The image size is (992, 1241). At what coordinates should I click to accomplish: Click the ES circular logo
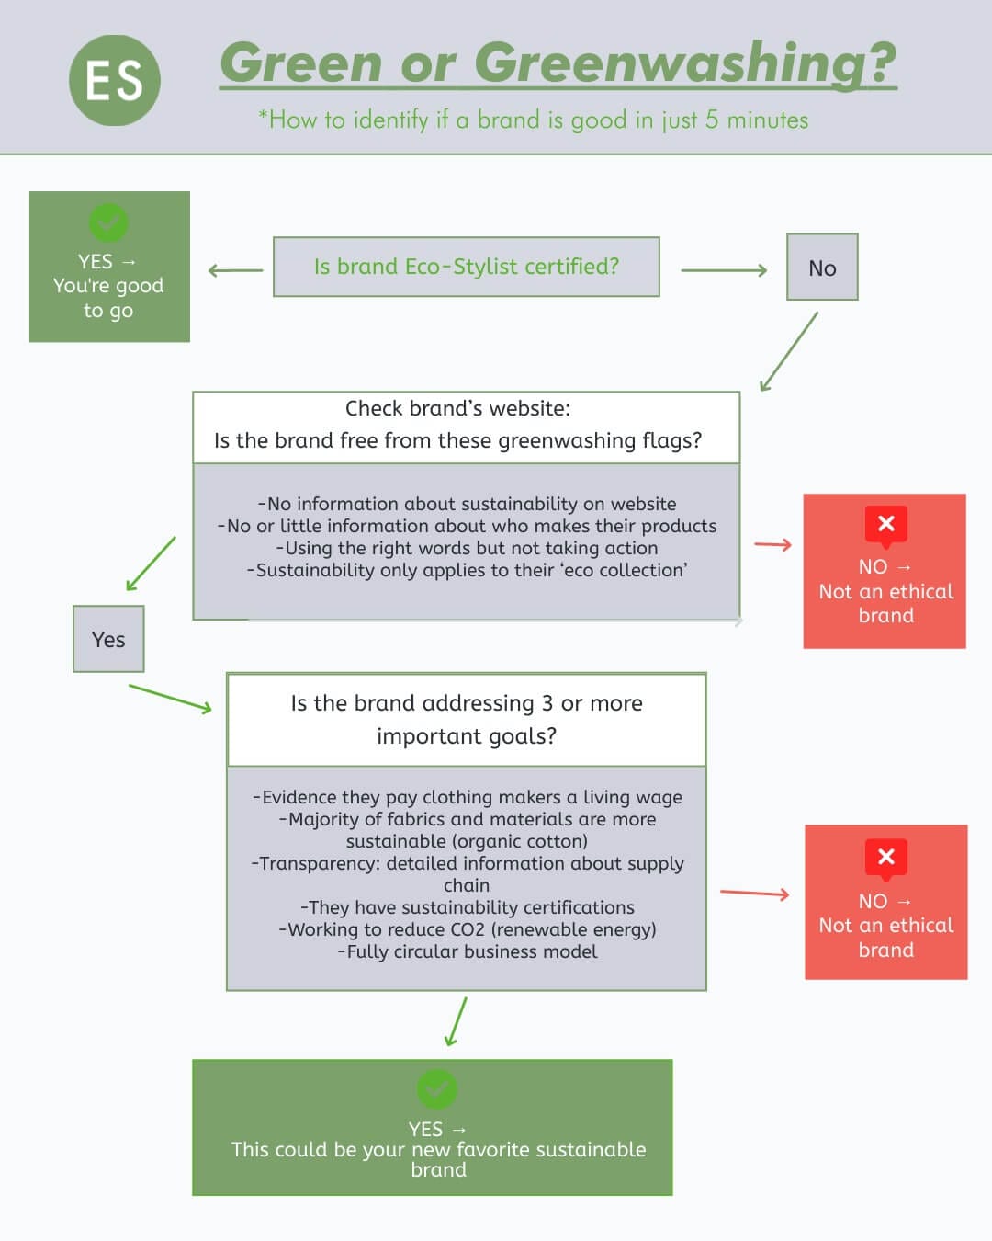[x=115, y=81]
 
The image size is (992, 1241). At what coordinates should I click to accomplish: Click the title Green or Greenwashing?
[x=558, y=63]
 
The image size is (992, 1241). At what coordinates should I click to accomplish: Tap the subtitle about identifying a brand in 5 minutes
[x=533, y=120]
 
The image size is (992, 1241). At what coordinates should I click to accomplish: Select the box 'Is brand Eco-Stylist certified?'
[x=466, y=267]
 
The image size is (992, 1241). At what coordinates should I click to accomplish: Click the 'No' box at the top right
[x=822, y=268]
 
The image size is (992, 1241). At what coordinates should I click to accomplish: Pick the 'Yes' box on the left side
[x=108, y=639]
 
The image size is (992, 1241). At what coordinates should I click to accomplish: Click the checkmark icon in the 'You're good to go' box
[x=108, y=222]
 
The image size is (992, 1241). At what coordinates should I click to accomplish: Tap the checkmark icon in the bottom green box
[x=436, y=1088]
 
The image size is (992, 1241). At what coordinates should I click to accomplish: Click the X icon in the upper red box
[x=885, y=524]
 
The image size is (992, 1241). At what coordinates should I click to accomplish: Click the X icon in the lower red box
[x=885, y=858]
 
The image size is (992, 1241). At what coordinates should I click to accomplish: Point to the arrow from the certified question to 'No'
[x=723, y=270]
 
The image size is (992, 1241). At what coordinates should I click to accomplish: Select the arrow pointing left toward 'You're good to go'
[x=235, y=270]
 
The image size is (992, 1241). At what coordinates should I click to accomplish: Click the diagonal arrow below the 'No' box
[x=789, y=352]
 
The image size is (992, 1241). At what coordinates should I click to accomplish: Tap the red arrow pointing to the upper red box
[x=772, y=545]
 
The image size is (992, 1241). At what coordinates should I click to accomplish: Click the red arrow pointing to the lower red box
[x=754, y=893]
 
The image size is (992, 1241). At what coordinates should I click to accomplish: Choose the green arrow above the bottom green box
[x=456, y=1021]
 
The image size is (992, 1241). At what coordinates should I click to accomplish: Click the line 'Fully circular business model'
[x=467, y=951]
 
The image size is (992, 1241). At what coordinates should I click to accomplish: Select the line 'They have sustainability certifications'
[x=467, y=907]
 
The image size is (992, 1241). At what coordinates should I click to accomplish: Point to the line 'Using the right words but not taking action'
[x=467, y=548]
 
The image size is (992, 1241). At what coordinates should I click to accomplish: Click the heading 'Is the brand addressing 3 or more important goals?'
[x=467, y=719]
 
